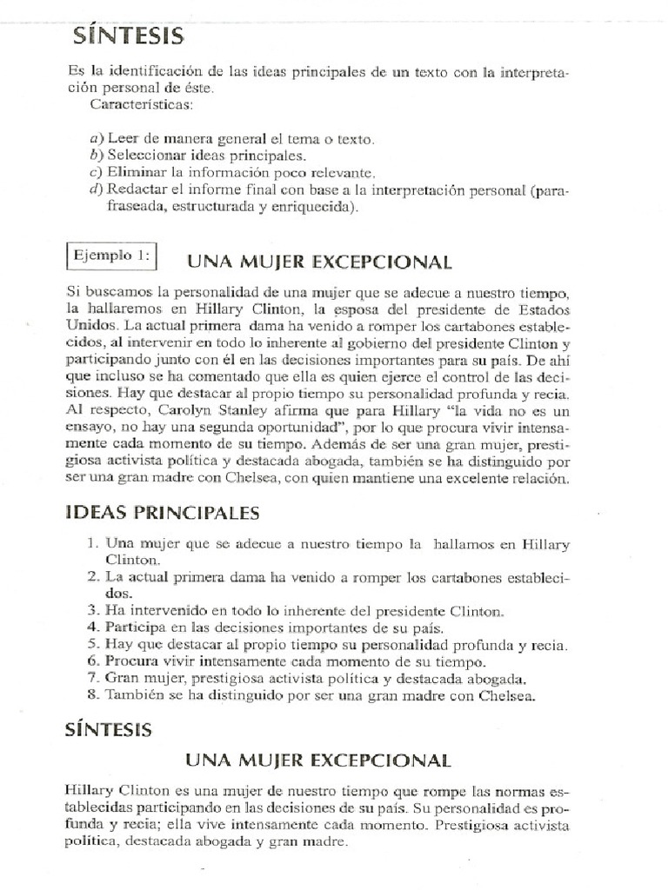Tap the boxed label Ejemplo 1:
pyautogui.click(x=111, y=256)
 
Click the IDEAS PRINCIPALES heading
pyautogui.click(x=162, y=513)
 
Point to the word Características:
pyautogui.click(x=144, y=104)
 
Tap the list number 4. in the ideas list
pyautogui.click(x=93, y=628)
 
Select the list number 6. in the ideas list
pyautogui.click(x=93, y=661)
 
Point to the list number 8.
pyautogui.click(x=93, y=694)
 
